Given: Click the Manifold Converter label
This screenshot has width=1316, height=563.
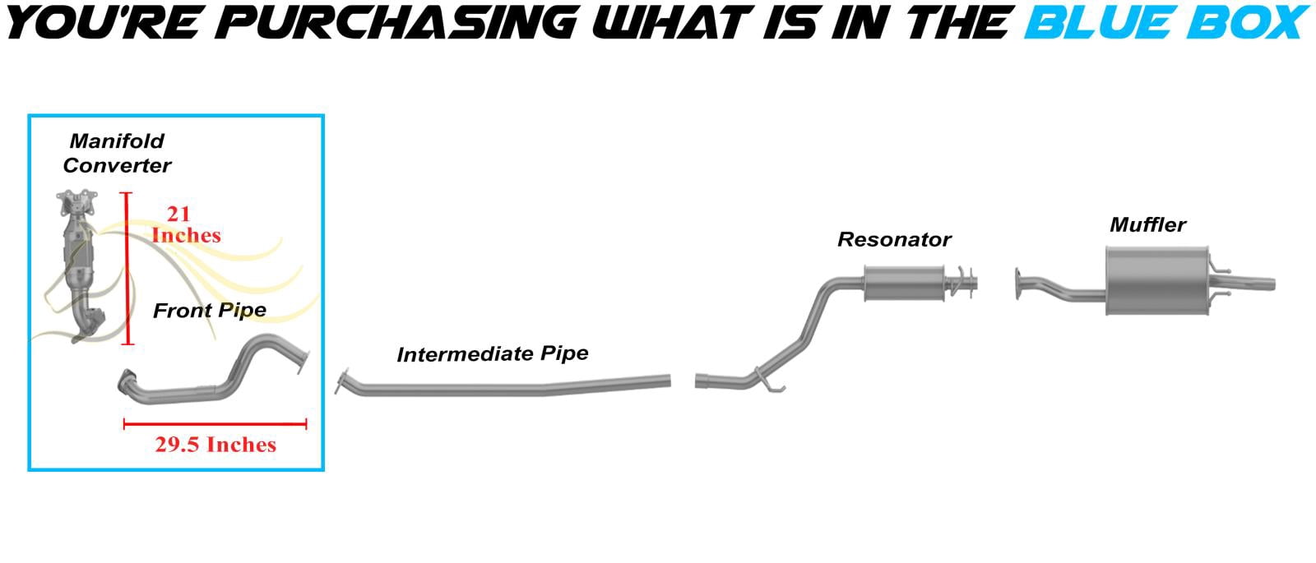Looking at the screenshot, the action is coord(117,153).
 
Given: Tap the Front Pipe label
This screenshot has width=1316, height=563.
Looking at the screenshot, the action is coord(210,310).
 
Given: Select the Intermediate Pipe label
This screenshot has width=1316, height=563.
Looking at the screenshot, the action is coord(493,353).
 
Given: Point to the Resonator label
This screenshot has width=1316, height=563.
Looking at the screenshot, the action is coord(893,239).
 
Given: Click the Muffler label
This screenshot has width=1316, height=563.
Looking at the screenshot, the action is coord(1147,224).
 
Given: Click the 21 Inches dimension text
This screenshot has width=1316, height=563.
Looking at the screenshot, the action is coord(186,224).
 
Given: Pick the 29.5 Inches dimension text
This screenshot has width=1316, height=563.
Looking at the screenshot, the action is coord(215,445).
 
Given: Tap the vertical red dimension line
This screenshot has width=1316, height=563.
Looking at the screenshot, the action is coord(127,268).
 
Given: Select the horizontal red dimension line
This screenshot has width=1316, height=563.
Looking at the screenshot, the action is coord(215,424).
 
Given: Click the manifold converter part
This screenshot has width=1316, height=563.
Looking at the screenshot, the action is coord(79,264).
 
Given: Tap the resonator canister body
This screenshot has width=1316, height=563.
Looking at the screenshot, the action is coord(904,284).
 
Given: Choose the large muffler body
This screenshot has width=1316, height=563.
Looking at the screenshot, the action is coord(1156,280).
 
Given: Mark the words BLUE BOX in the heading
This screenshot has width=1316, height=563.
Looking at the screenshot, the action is coord(1165,21).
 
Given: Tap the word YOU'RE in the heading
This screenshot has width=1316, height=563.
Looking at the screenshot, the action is coord(104,22).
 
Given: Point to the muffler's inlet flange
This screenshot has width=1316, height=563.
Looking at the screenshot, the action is coord(1018,284).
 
